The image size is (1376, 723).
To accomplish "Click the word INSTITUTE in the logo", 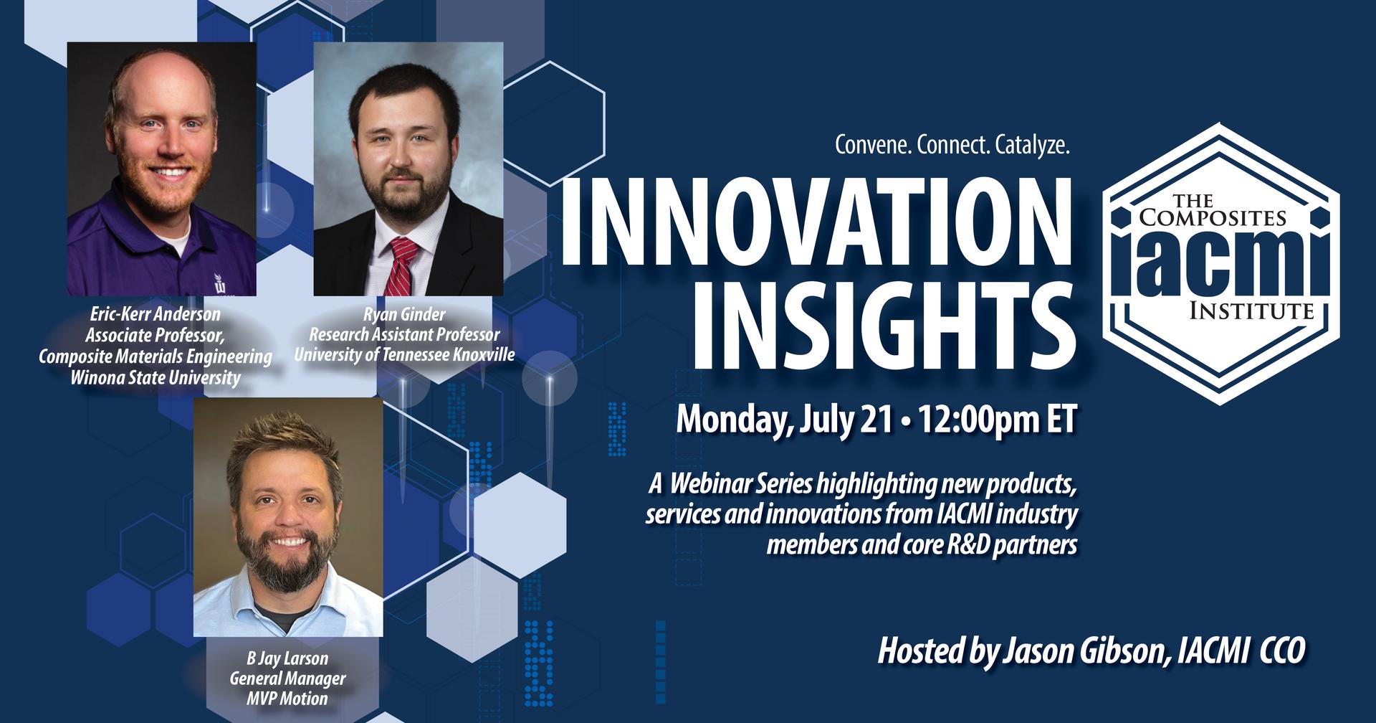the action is click(1251, 311).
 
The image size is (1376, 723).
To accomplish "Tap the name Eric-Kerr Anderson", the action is click(156, 314).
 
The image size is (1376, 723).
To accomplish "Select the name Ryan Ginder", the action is click(404, 314).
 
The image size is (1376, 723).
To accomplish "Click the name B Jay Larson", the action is click(287, 658).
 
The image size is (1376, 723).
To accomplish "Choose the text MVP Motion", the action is click(287, 698).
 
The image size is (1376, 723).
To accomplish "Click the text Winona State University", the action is click(156, 377).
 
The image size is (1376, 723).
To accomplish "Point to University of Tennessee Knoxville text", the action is click(404, 354).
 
